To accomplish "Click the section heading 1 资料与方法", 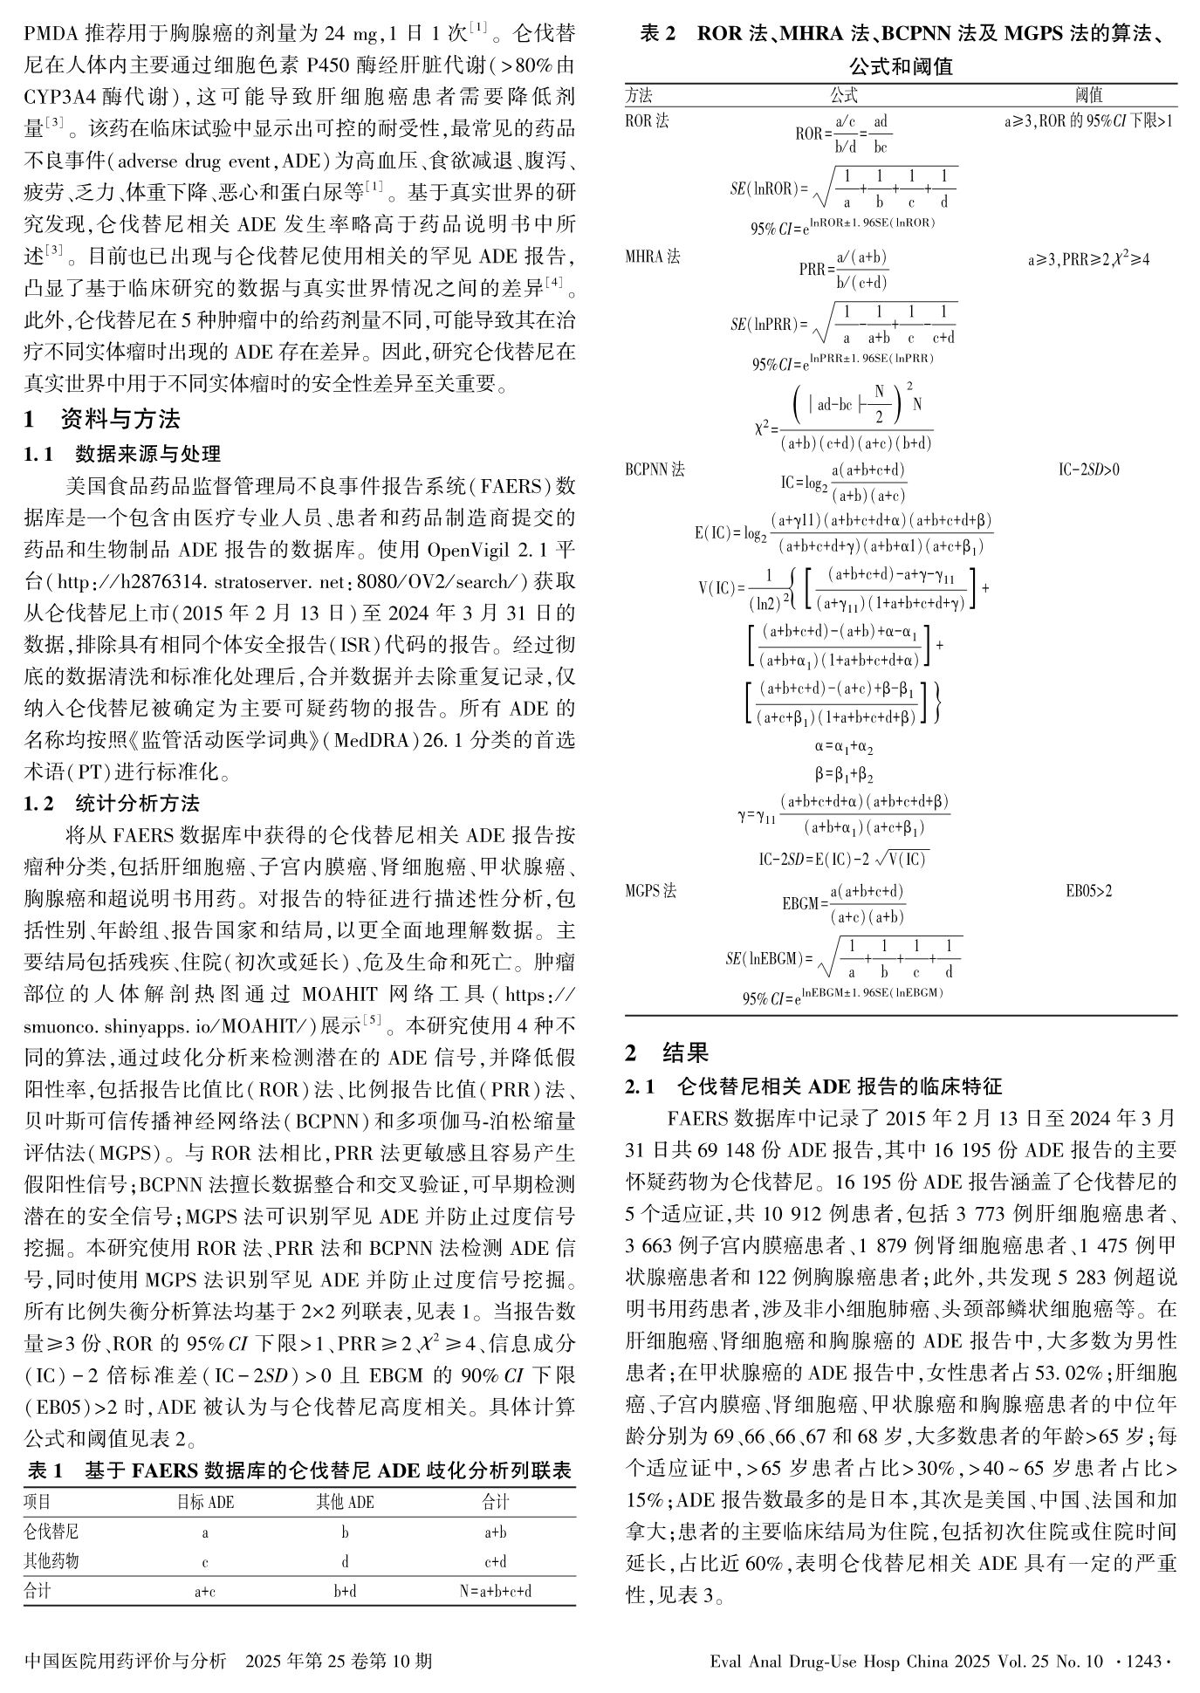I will tap(102, 420).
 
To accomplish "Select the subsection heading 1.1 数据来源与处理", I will tap(122, 454).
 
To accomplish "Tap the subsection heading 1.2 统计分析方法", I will tap(112, 803).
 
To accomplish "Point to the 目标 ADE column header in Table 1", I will tap(205, 1502).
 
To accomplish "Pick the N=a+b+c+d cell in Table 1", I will tap(495, 1590).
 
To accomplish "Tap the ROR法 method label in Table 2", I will tap(647, 120).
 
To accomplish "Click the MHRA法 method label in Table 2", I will tap(652, 257).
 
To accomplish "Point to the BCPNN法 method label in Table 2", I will tap(655, 470).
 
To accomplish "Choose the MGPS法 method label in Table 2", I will tap(650, 891).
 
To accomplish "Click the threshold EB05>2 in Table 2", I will tap(1088, 891).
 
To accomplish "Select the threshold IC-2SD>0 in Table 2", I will tap(1088, 470).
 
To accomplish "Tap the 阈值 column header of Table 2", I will tap(1088, 95).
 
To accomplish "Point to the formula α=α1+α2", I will tap(844, 748).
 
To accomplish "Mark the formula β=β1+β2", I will tap(844, 774).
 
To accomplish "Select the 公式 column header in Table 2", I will tap(843, 95).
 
